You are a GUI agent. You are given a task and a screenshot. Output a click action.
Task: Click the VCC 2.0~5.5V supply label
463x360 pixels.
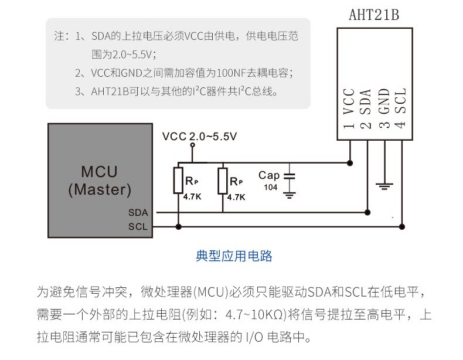coord(199,137)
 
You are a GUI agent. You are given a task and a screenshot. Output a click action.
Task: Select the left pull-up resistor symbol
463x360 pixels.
coord(179,181)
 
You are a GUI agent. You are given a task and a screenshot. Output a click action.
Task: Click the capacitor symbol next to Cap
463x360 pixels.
coord(288,175)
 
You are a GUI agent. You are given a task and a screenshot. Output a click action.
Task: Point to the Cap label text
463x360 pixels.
coord(269,175)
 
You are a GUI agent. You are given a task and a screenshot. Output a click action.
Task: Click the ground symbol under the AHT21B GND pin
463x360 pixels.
coord(384,186)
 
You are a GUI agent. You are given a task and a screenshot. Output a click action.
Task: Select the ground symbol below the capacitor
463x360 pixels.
coord(288,193)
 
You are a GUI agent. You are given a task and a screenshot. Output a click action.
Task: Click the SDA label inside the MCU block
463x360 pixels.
coord(138,212)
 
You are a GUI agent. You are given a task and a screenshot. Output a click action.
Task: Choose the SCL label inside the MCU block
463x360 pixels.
coord(138,226)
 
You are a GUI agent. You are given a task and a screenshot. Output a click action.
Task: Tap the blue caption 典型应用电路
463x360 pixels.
coord(234,256)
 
